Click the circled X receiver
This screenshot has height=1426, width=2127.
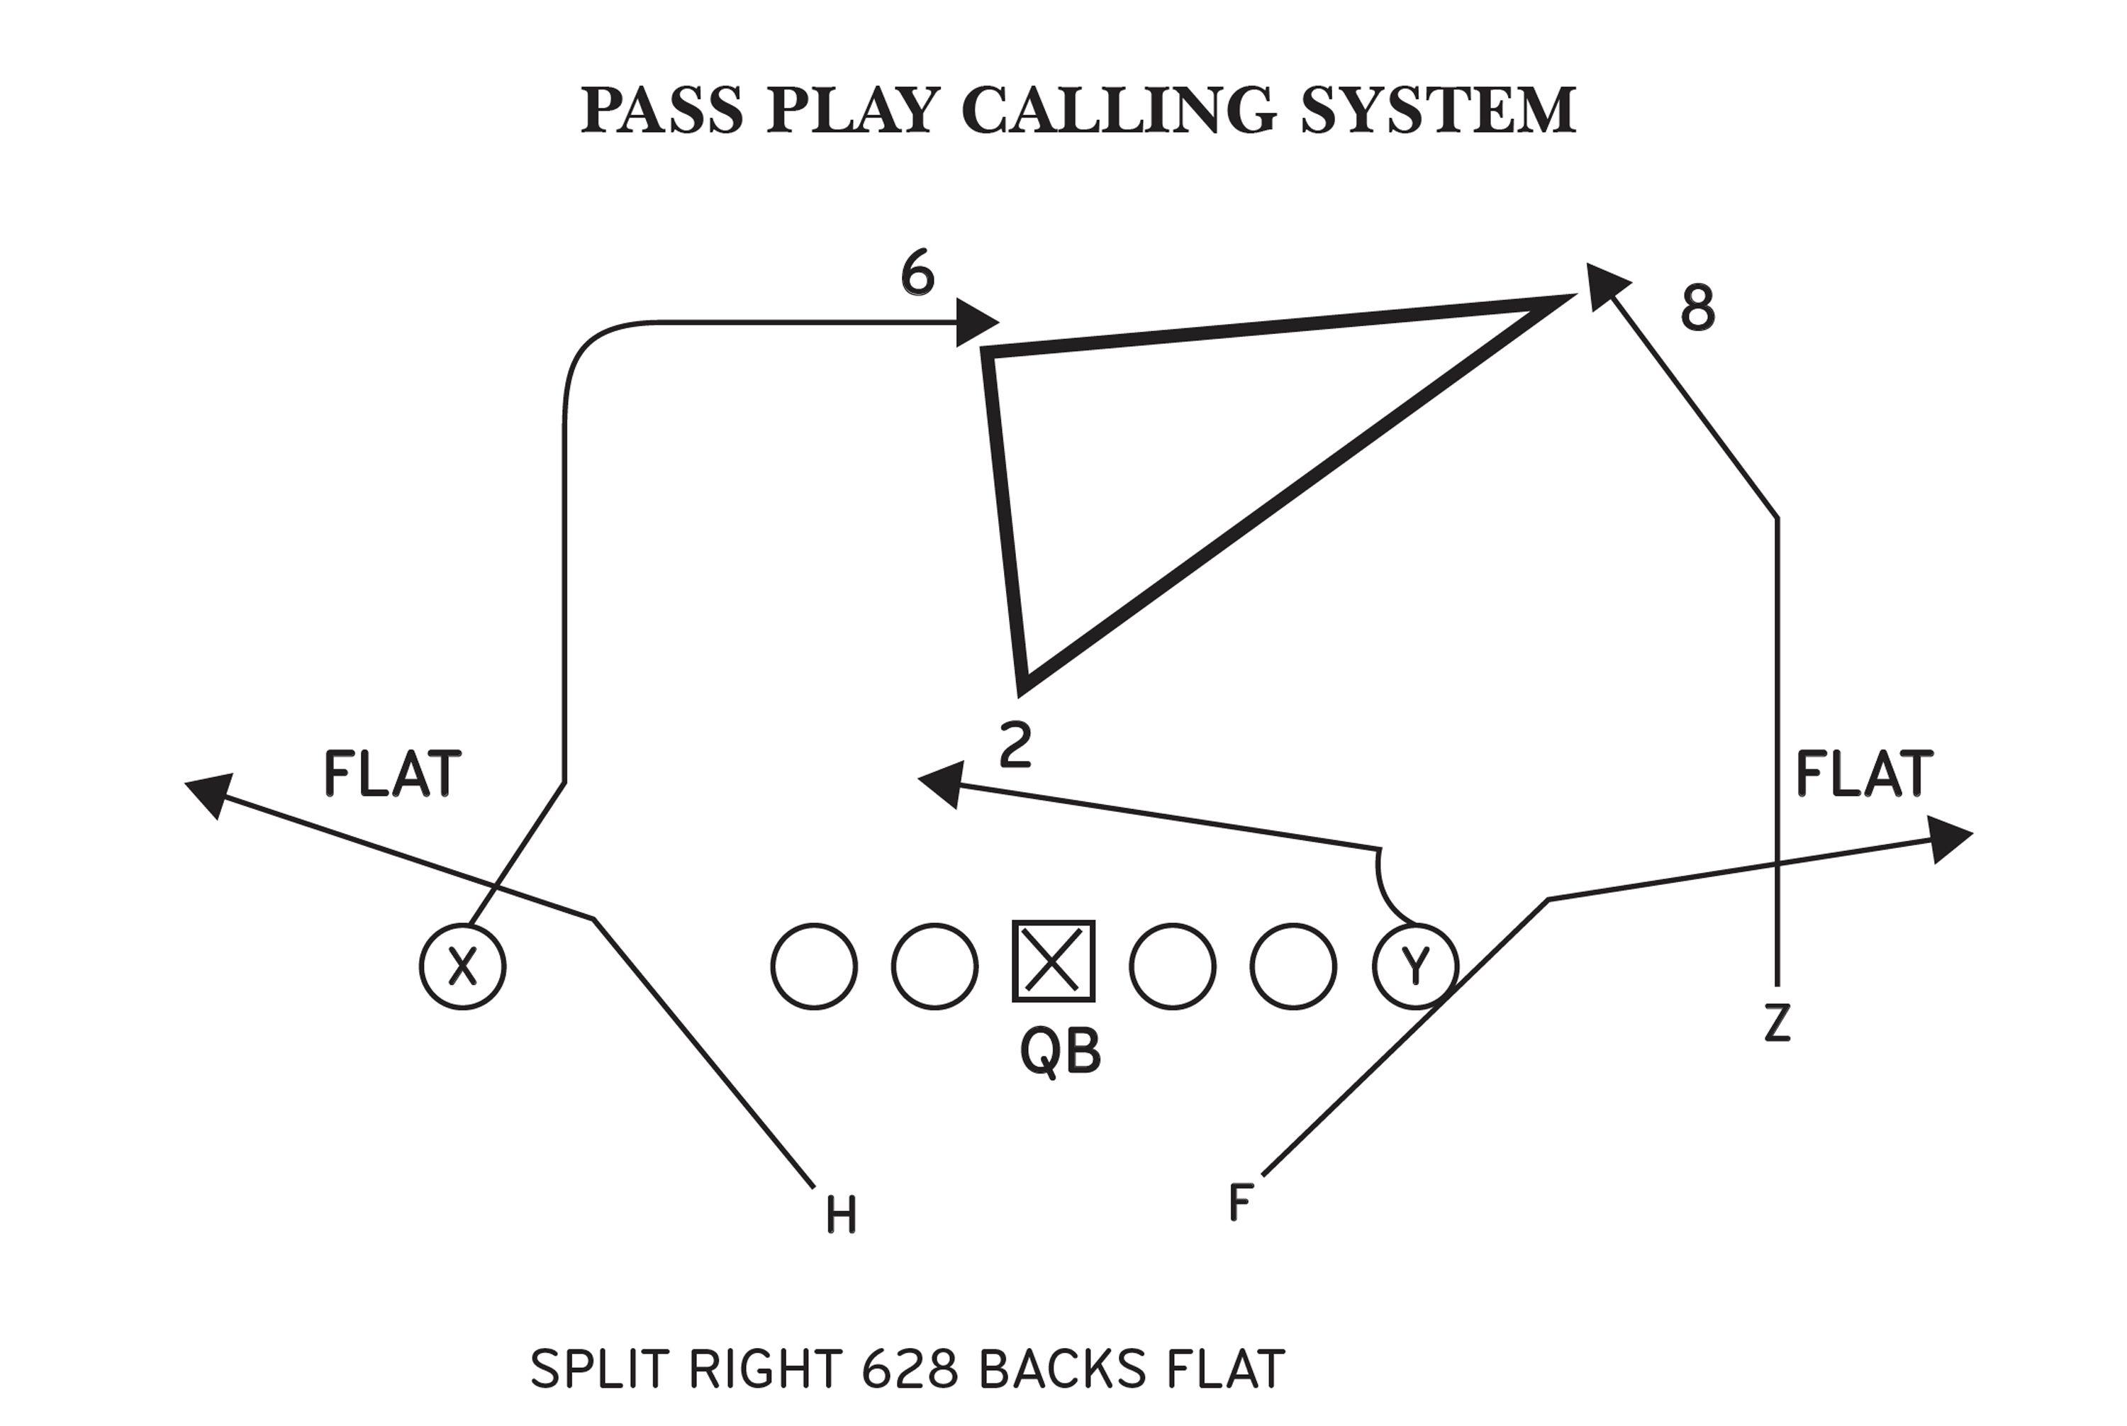462,966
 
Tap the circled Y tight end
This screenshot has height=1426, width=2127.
1415,966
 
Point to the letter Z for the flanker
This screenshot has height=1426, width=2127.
1776,1023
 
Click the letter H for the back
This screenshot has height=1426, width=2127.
841,1215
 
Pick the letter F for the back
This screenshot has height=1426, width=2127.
1240,1202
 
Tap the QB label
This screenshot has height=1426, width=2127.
1061,1052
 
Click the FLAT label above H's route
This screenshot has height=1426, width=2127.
393,775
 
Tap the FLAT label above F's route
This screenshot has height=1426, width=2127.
1864,775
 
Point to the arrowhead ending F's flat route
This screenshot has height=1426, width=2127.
1949,837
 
